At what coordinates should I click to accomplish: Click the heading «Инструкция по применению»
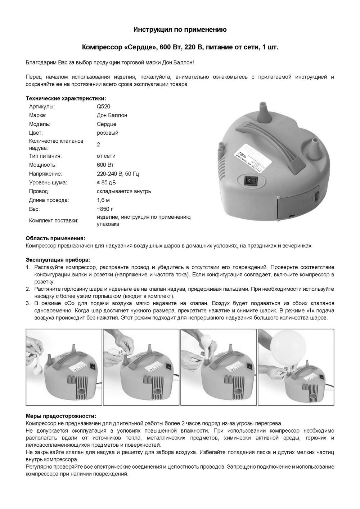pyautogui.click(x=180, y=30)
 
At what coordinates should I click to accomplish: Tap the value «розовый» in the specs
pyautogui.click(x=107, y=133)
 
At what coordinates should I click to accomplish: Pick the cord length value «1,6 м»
pyautogui.click(x=103, y=200)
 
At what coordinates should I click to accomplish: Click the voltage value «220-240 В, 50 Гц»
pyautogui.click(x=118, y=174)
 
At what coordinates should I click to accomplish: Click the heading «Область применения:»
pyautogui.click(x=55, y=238)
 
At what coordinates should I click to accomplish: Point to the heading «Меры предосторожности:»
pyautogui.click(x=61, y=416)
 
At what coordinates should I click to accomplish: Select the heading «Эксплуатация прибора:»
pyautogui.click(x=58, y=260)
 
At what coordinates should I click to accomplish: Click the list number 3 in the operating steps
pyautogui.click(x=28, y=303)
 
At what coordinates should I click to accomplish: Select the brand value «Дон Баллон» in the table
pyautogui.click(x=112, y=115)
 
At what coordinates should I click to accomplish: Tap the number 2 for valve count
pyautogui.click(x=98, y=144)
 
